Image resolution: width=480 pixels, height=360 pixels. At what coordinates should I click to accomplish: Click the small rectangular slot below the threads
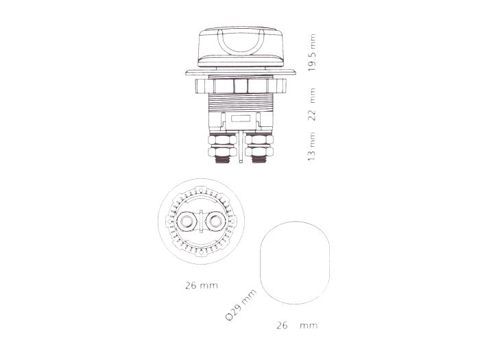coord(240,119)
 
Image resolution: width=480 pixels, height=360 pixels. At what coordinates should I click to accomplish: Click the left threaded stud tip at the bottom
coord(223,161)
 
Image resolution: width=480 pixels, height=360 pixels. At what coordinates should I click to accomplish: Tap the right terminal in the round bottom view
coord(214,222)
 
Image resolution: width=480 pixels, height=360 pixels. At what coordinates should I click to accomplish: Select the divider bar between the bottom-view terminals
coord(201,222)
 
